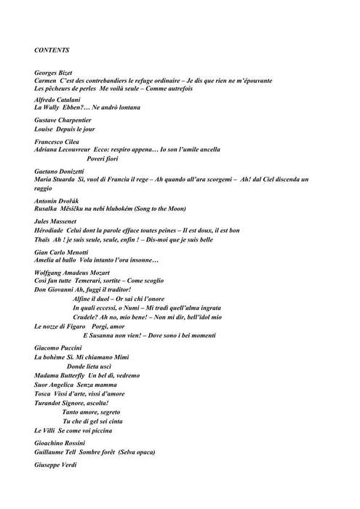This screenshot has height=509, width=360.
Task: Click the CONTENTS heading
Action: point(52,50)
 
